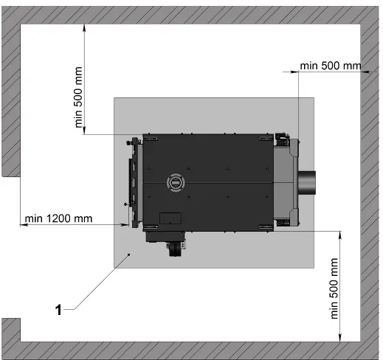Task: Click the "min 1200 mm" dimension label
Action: (58, 218)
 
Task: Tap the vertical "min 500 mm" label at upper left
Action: (78, 97)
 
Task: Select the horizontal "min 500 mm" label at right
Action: (331, 66)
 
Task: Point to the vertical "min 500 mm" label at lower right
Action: (334, 288)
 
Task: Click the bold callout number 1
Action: (58, 310)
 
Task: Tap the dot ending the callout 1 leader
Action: (128, 255)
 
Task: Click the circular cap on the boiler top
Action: (176, 182)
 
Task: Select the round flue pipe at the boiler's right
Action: (307, 183)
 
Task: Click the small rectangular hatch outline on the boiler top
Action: (170, 218)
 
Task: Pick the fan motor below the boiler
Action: (176, 249)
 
